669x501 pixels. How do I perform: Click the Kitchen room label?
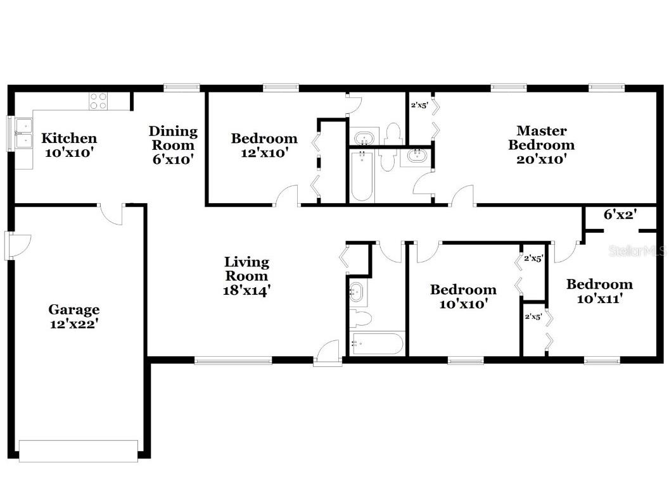[69, 138]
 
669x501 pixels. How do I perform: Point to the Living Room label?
[246, 269]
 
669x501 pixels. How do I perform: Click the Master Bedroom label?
[541, 138]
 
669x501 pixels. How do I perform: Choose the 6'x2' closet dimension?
[620, 215]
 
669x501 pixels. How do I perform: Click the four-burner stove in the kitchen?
[98, 101]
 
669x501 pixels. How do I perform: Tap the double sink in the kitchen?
[23, 133]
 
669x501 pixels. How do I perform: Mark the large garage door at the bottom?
[78, 450]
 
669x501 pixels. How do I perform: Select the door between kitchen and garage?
[112, 214]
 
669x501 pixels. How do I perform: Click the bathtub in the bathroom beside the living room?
[377, 344]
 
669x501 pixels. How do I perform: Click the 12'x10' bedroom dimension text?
[264, 152]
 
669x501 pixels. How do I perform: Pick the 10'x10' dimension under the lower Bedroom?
[462, 304]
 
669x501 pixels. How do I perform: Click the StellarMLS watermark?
[637, 251]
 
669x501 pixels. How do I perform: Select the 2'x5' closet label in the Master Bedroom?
[419, 105]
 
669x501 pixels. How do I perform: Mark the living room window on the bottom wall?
[233, 361]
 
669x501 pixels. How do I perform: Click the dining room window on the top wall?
[182, 88]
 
